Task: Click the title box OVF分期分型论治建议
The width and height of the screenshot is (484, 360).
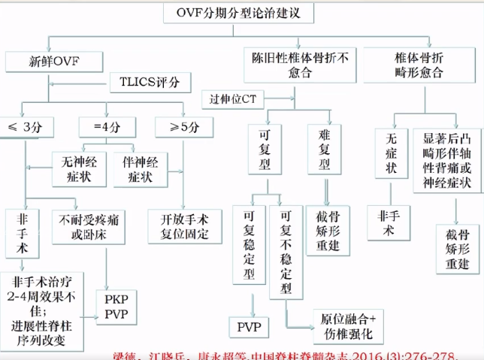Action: pos(240,12)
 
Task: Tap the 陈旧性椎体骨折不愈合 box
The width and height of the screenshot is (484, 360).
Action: pos(296,65)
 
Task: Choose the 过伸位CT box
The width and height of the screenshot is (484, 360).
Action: pos(236,98)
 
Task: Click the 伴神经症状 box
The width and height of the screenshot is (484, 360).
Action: pos(140,168)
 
